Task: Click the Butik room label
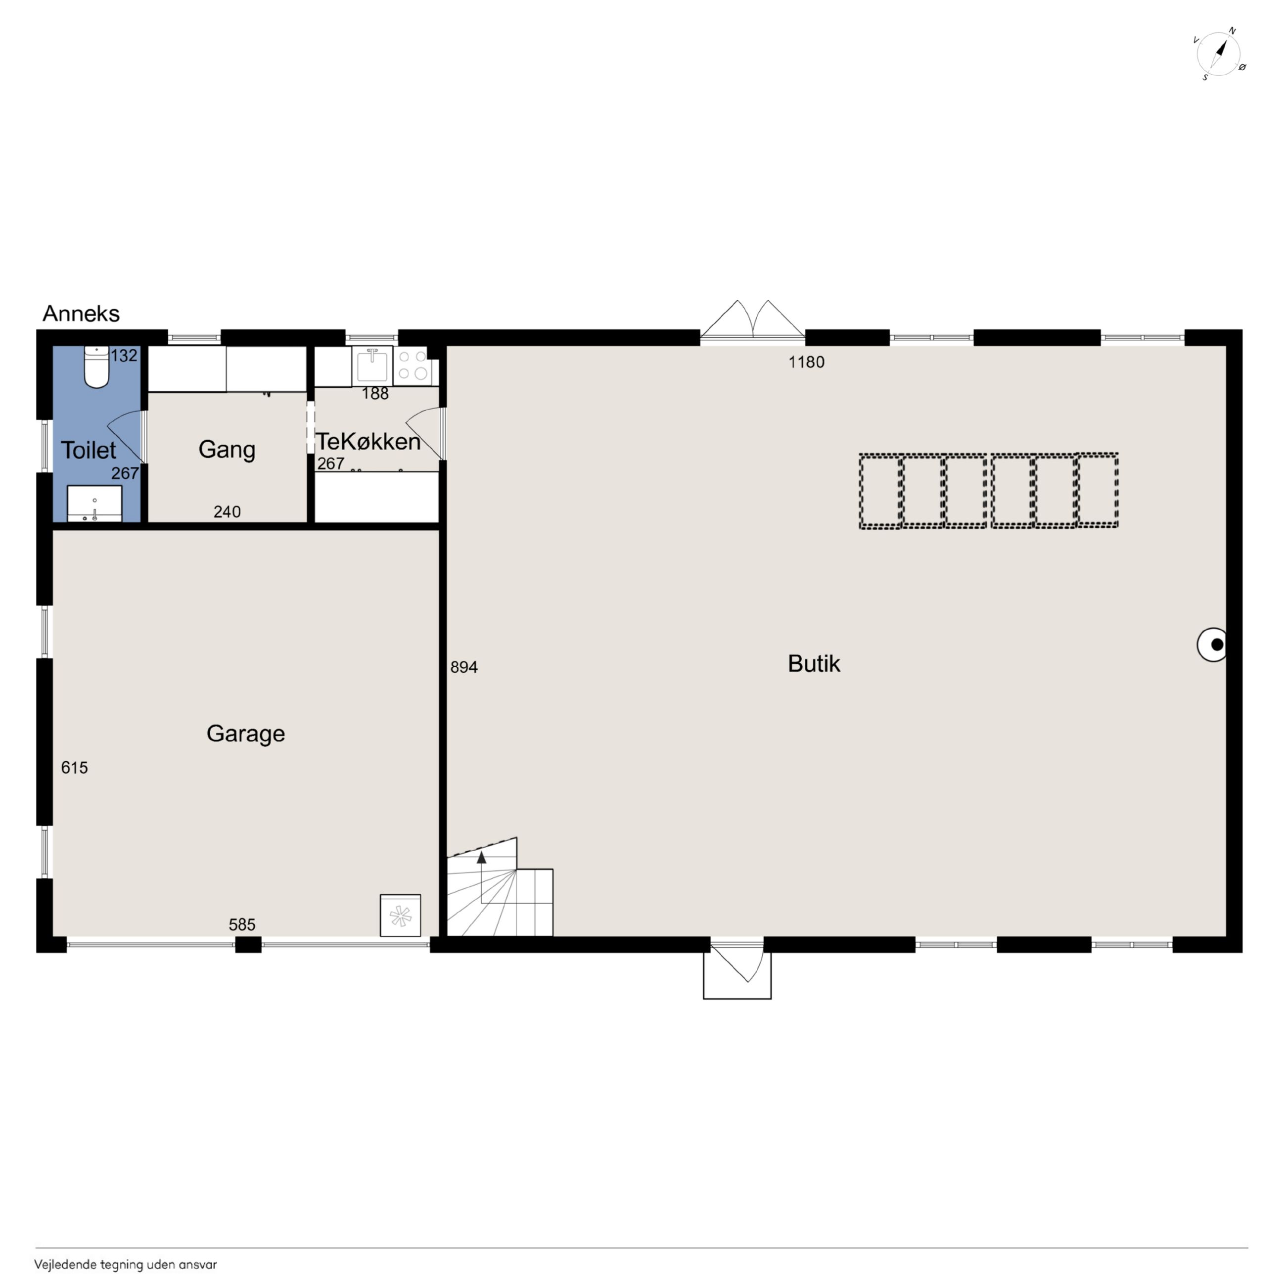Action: [814, 664]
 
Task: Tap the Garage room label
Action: [246, 734]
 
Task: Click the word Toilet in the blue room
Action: [89, 451]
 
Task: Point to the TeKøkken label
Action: [368, 441]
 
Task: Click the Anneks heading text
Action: [81, 314]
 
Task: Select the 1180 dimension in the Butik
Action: [806, 362]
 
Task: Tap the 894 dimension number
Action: [464, 667]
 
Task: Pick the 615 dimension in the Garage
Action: [75, 768]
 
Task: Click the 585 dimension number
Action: [242, 924]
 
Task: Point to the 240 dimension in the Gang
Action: [227, 512]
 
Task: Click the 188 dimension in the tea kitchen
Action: [375, 393]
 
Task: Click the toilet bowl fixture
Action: [96, 367]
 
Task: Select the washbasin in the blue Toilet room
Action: [94, 503]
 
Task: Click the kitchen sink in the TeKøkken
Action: [372, 366]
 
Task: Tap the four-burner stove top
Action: [413, 366]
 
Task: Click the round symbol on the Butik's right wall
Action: [1212, 644]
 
